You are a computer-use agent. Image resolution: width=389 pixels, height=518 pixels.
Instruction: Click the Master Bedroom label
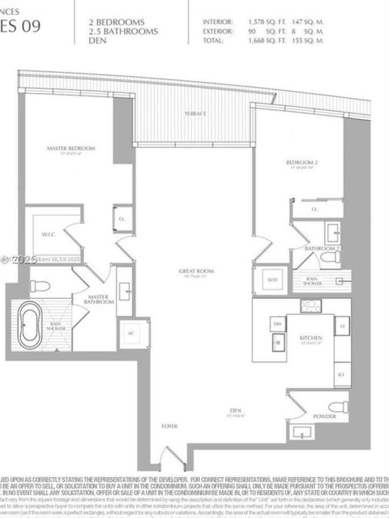point(71,148)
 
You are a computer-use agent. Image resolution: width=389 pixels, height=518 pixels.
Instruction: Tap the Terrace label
point(195,113)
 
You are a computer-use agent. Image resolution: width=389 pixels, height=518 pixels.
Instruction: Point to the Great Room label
point(197,271)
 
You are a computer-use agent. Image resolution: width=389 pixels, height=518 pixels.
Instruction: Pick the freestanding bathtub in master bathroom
point(30,325)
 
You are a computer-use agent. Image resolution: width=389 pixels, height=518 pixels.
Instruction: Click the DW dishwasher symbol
point(278,324)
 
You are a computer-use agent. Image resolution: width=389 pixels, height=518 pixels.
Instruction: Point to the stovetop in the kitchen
point(311,306)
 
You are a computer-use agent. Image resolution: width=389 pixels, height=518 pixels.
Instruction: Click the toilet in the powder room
point(339,406)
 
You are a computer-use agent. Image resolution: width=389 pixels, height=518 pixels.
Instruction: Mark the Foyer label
point(169,426)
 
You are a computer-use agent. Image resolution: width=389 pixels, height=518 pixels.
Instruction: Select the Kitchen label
point(311,338)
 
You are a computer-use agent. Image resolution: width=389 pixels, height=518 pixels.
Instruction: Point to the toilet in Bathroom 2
point(330,257)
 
